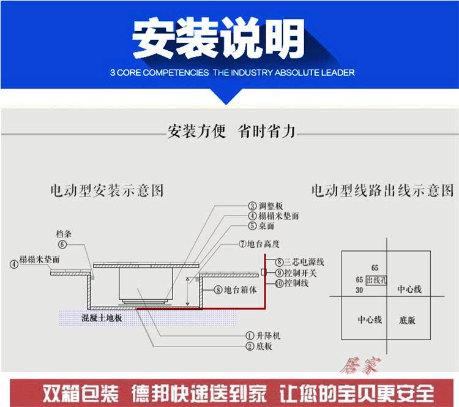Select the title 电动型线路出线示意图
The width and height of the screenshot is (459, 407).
382,191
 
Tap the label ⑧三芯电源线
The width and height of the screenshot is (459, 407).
298,262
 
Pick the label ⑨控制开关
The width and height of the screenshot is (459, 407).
294,272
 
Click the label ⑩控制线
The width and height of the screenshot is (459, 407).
291,283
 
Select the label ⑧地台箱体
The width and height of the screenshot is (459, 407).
231,289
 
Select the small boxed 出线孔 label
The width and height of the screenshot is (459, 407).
375,280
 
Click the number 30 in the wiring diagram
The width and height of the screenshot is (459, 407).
359,290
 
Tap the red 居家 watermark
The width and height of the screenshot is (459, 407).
365,365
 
